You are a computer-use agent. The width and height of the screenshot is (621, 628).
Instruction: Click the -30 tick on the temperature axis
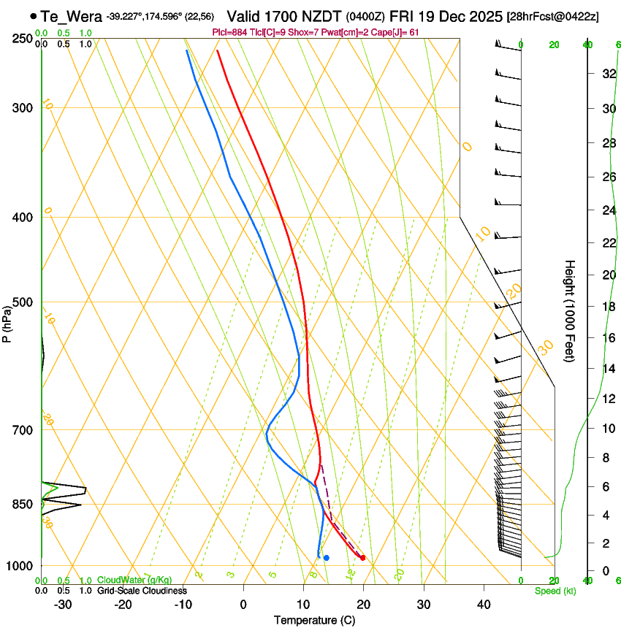pyautogui.click(x=62, y=605)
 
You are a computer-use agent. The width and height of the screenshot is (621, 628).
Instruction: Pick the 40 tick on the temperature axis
pyautogui.click(x=483, y=605)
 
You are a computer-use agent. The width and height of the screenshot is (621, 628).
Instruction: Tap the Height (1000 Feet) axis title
pyautogui.click(x=571, y=310)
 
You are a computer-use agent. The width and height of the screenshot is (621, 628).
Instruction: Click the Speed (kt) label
pyautogui.click(x=555, y=591)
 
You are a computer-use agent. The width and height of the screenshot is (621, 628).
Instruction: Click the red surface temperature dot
pyautogui.click(x=362, y=559)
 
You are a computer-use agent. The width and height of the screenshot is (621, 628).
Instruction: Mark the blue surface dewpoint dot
pyautogui.click(x=327, y=558)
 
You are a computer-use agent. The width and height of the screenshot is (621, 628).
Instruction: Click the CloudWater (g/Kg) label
pyautogui.click(x=134, y=581)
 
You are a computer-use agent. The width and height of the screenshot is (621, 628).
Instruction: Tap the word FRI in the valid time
pyautogui.click(x=403, y=16)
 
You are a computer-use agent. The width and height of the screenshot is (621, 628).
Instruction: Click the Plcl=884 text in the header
pyautogui.click(x=229, y=32)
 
